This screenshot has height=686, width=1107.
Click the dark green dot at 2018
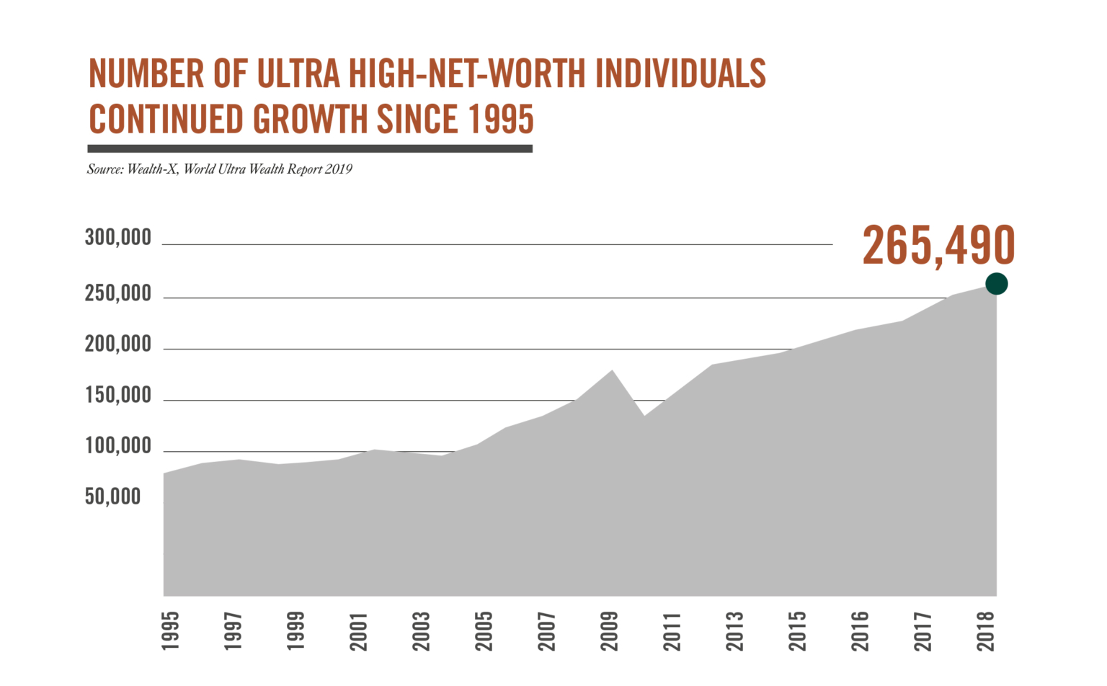click(996, 284)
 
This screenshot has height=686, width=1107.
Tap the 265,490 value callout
click(938, 246)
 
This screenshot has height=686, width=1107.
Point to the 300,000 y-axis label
click(118, 237)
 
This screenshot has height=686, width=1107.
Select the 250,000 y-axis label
click(118, 293)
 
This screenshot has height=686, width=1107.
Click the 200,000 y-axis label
click(118, 344)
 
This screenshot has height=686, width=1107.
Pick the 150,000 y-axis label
click(118, 395)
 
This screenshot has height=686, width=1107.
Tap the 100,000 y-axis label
click(118, 446)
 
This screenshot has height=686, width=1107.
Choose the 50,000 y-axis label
click(113, 496)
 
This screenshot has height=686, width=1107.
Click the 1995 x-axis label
click(171, 631)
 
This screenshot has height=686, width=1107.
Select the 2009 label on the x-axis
click(610, 631)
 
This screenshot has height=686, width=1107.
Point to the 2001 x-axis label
click(359, 631)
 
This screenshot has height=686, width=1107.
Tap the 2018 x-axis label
click(986, 631)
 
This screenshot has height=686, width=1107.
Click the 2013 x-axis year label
click(735, 631)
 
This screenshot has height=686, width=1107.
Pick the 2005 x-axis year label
click(484, 631)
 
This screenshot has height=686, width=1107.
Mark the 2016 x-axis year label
click(861, 631)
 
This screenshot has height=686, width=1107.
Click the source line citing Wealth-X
click(220, 169)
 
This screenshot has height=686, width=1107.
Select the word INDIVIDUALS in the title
click(680, 73)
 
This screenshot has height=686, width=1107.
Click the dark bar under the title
click(310, 148)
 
